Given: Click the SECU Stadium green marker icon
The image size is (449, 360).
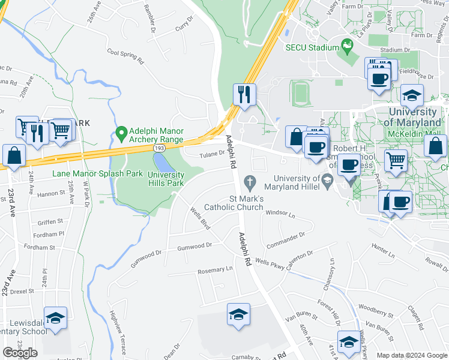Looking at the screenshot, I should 346,45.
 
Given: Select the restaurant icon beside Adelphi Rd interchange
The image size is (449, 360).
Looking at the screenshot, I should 244,94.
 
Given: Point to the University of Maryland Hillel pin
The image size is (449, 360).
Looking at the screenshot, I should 328,179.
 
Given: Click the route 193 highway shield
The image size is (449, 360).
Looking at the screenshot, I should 159,147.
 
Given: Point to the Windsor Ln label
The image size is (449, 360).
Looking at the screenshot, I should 280,213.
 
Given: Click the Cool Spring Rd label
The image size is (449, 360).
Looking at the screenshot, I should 125,57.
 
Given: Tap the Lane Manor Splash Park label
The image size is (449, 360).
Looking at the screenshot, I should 97,173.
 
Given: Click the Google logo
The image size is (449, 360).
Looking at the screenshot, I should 20,353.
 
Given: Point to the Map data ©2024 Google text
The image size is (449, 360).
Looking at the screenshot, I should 412,355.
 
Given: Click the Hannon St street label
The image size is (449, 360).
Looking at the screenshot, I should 52,194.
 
